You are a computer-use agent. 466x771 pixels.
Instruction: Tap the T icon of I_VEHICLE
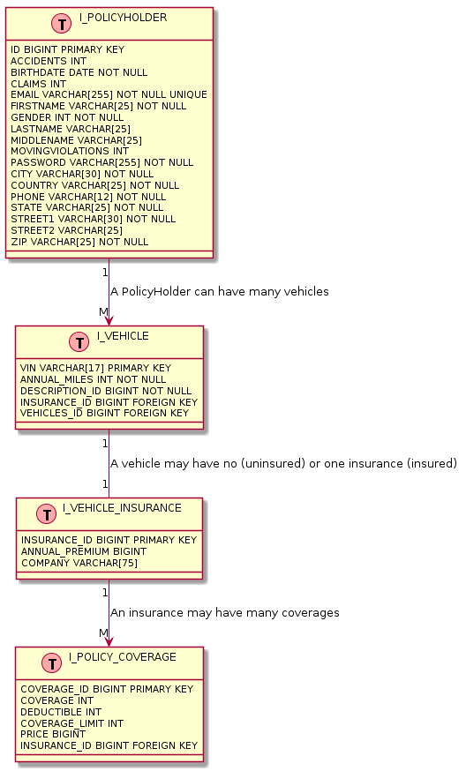(79, 342)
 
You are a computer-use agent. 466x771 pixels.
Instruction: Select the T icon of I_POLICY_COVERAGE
(55, 663)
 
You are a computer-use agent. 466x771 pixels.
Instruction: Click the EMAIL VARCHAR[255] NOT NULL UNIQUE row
(109, 94)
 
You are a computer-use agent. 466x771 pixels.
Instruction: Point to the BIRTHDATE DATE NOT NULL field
(79, 72)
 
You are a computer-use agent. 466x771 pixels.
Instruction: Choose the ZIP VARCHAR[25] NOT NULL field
(79, 242)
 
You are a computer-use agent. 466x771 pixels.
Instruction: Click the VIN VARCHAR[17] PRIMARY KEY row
(95, 368)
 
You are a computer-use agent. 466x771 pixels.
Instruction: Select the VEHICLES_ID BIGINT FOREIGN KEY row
(104, 413)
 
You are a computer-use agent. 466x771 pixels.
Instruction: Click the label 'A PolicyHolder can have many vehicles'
(219, 291)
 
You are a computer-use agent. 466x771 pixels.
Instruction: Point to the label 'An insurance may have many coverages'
(224, 612)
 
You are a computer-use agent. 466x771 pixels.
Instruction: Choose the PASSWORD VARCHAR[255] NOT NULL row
(101, 162)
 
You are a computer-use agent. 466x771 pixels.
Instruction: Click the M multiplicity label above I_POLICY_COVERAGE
(102, 633)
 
